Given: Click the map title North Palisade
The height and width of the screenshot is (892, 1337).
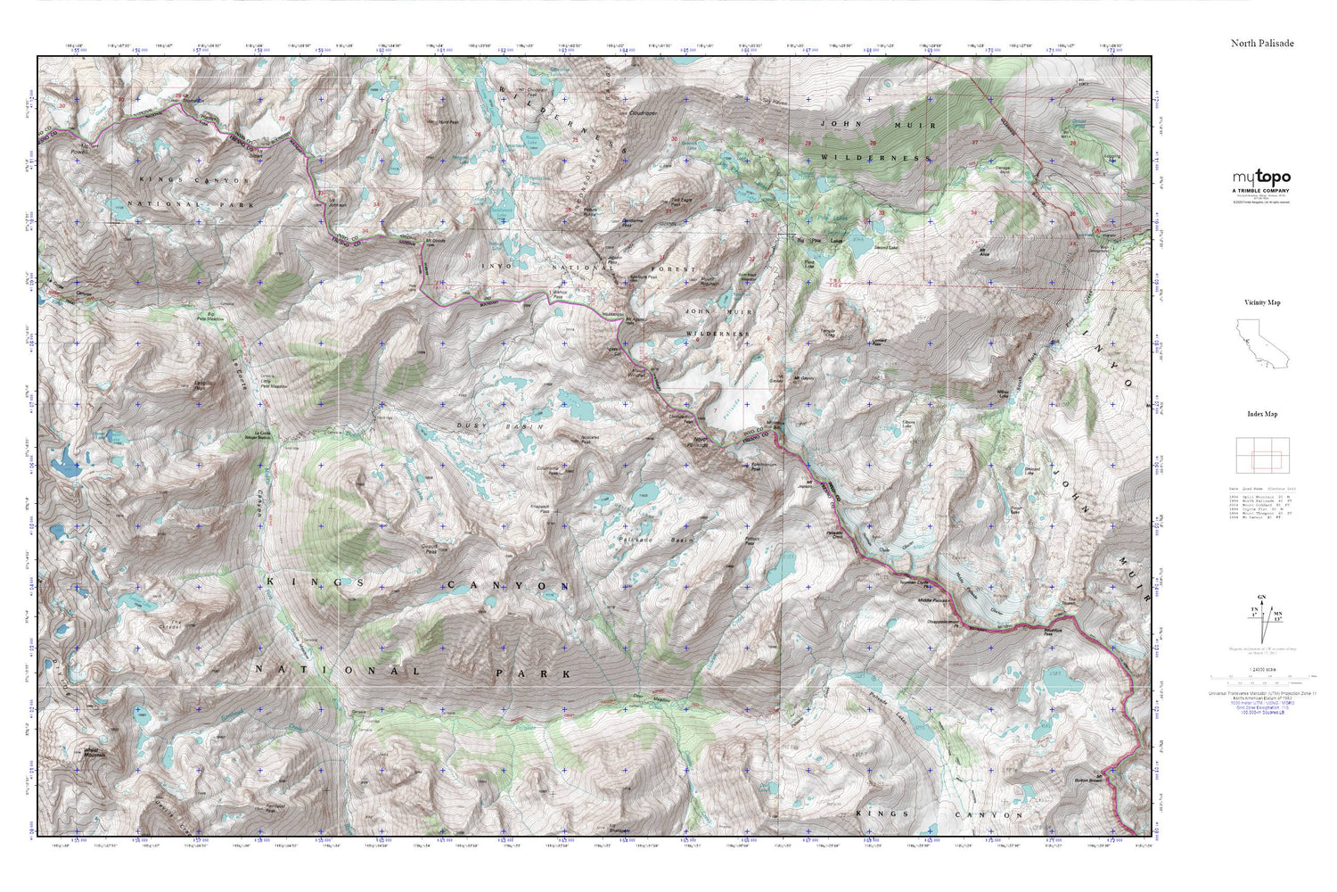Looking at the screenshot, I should click(1262, 43).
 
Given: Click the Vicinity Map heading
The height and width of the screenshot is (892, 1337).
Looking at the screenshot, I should click(1261, 302).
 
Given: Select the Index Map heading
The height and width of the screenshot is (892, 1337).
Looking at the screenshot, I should click(1261, 414).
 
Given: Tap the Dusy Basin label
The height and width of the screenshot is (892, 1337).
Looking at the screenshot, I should click(485, 426).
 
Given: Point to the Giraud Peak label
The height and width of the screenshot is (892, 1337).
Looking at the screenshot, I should click(430, 550).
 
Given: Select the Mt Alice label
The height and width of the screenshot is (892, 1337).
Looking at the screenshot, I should click(986, 251).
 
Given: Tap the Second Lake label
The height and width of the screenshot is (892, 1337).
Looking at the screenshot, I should click(885, 247).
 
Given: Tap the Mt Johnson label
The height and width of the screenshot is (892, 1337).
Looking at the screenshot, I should click(338, 205).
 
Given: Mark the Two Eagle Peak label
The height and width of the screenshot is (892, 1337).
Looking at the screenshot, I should click(682, 201).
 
